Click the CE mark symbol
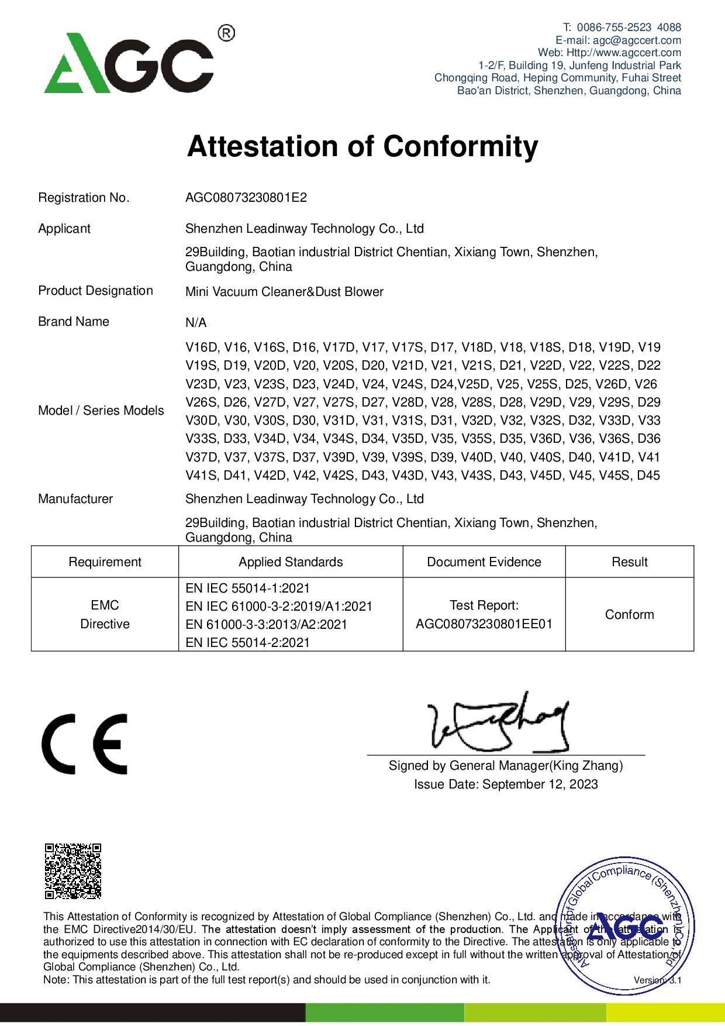pos(84,743)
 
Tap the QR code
pos(73,870)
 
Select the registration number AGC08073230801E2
pos(246,198)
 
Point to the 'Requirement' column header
pos(105,562)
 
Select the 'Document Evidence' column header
pos(484,562)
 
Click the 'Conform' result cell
pos(629,615)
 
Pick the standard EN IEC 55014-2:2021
pos(247,642)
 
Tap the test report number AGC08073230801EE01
pos(484,624)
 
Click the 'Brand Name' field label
pos(73,322)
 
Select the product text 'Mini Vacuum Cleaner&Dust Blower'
pos(284,292)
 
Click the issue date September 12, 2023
pos(540,784)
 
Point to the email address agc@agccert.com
pos(637,40)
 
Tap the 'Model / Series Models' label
pos(101,411)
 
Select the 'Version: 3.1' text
pos(657,980)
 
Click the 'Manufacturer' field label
pos(75,499)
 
